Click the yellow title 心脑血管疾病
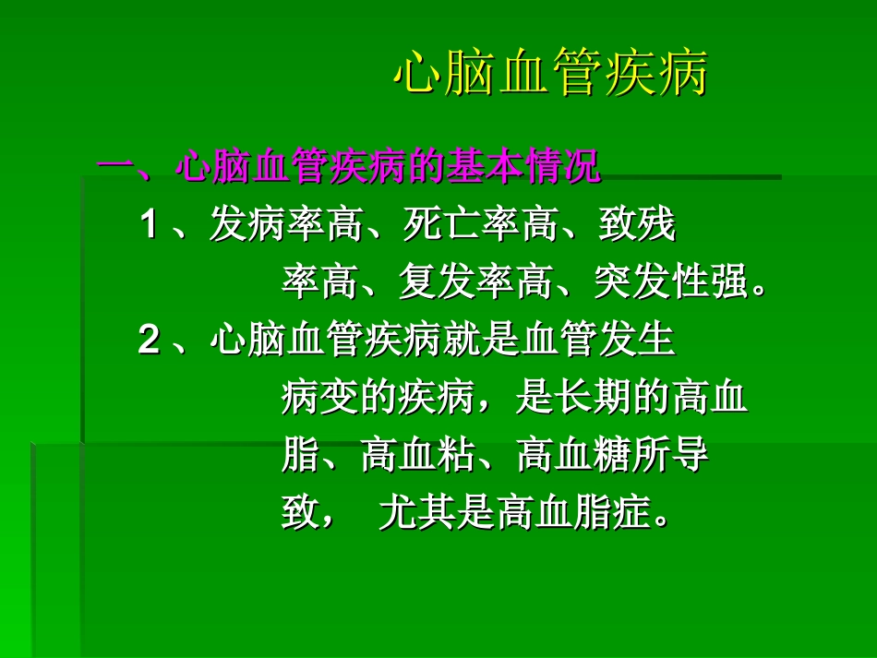pyautogui.click(x=550, y=75)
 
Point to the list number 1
pyautogui.click(x=149, y=225)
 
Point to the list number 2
pyautogui.click(x=149, y=341)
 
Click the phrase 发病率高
pyautogui.click(x=286, y=225)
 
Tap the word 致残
pyautogui.click(x=637, y=225)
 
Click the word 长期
pyautogui.click(x=593, y=399)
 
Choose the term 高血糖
pyautogui.click(x=573, y=456)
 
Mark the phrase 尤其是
pyautogui.click(x=437, y=513)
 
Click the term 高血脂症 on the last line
pyautogui.click(x=573, y=513)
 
